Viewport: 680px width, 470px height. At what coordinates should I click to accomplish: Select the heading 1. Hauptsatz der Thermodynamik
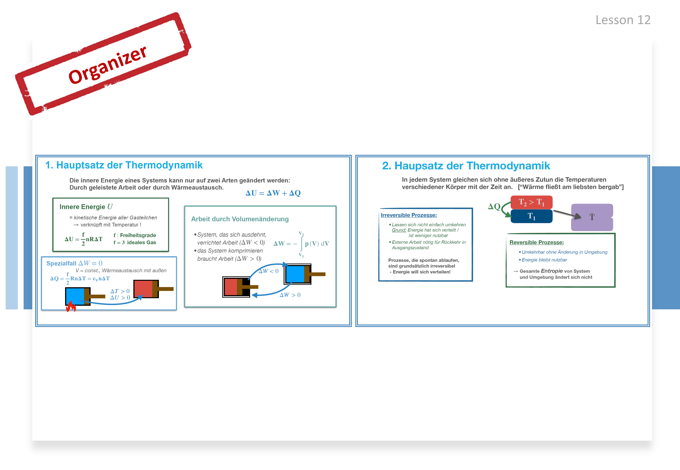click(124, 165)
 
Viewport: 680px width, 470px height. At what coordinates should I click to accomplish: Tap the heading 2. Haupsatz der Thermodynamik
click(466, 166)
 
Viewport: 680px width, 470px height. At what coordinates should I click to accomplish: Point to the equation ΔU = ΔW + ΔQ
click(273, 193)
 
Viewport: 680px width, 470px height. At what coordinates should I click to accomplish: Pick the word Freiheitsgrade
click(138, 235)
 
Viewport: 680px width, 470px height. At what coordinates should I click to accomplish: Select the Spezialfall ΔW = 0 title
click(74, 263)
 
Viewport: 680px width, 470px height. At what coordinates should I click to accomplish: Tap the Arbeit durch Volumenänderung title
click(240, 219)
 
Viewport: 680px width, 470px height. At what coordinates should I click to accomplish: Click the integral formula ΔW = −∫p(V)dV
click(301, 244)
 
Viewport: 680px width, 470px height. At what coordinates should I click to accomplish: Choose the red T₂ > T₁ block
click(531, 202)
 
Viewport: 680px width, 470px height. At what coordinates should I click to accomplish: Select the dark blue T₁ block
click(531, 216)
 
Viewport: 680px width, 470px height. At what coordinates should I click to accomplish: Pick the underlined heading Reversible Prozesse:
click(537, 242)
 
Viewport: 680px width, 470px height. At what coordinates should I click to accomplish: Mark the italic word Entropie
click(552, 271)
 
